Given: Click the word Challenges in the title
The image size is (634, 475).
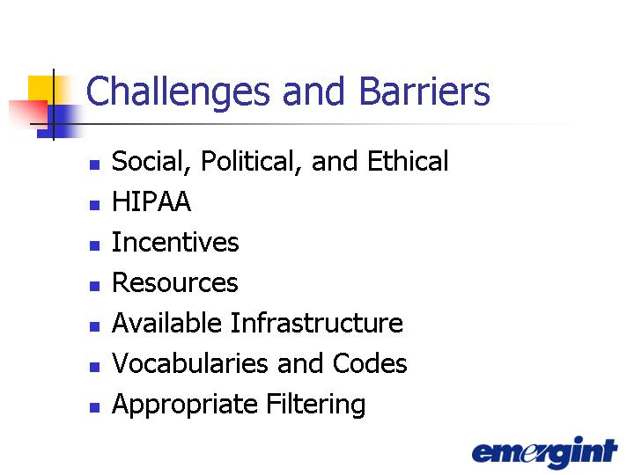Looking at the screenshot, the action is tap(178, 92).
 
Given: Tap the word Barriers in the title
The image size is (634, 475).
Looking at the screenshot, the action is tap(424, 91).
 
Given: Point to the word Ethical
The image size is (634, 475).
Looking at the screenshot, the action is tap(408, 161).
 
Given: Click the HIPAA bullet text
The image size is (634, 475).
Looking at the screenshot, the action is tap(151, 201).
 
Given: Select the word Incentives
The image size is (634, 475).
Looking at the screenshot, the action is tap(175, 242).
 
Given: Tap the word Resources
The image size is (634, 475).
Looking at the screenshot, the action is tap(175, 282).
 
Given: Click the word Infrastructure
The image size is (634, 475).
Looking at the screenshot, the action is tap(317, 323).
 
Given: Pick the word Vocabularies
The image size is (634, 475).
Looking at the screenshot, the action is tap(190, 362).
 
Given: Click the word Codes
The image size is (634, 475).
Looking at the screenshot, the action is tap(370, 362).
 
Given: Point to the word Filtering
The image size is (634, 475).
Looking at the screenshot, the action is tap(315, 405).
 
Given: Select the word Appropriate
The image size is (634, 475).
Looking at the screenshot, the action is tap(184, 405).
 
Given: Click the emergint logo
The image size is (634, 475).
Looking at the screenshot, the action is tap(545, 451).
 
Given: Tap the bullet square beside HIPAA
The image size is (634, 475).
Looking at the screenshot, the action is tap(94, 205).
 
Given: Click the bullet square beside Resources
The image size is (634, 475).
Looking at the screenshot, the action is tap(94, 286).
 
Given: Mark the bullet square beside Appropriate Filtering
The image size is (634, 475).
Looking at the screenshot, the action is tap(94, 407).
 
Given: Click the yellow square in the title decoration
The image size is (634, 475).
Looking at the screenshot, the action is tap(41, 88).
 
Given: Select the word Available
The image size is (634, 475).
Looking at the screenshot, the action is tap(166, 323).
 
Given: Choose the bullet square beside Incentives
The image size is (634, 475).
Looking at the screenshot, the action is tap(94, 245).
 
